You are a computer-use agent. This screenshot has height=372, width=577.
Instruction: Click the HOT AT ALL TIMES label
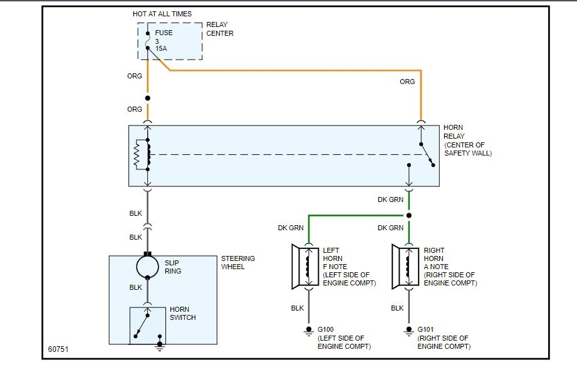click(x=162, y=14)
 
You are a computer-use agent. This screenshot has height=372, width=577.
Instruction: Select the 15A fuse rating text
click(x=162, y=48)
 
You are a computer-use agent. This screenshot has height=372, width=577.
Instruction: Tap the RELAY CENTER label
click(x=219, y=29)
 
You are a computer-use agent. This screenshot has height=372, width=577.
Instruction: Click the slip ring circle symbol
click(x=148, y=267)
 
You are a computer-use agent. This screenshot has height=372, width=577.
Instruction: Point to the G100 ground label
click(x=325, y=329)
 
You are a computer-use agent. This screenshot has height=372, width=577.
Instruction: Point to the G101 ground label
click(x=425, y=329)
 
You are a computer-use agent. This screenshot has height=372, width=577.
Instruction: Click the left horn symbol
click(x=303, y=266)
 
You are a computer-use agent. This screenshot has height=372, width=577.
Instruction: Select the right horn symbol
click(x=403, y=266)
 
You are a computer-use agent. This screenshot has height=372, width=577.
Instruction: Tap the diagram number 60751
click(x=58, y=349)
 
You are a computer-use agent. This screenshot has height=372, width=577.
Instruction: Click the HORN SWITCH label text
click(x=182, y=314)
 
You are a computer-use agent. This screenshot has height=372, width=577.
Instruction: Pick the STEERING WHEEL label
click(x=238, y=263)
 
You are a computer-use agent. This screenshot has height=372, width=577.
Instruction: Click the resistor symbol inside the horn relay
click(x=137, y=155)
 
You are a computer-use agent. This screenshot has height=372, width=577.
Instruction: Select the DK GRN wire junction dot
click(x=409, y=215)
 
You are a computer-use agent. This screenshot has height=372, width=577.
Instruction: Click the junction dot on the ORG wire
click(x=148, y=98)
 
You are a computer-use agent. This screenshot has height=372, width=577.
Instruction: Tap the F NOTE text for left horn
click(x=335, y=267)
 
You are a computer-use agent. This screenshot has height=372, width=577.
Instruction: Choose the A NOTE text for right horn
click(x=436, y=267)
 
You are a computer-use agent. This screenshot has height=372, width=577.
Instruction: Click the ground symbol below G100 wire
click(x=308, y=331)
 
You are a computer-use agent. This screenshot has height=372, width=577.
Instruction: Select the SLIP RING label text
click(x=172, y=267)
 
